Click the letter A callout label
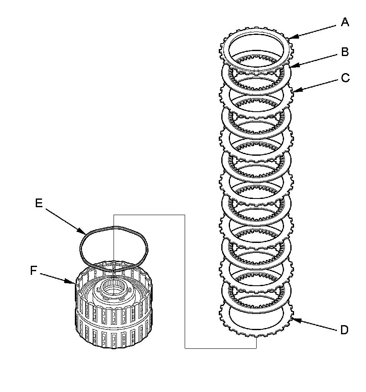click(344, 22)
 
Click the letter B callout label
click(344, 52)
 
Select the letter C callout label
click(345, 78)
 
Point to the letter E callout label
click(39, 203)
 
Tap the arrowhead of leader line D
click(292, 318)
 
